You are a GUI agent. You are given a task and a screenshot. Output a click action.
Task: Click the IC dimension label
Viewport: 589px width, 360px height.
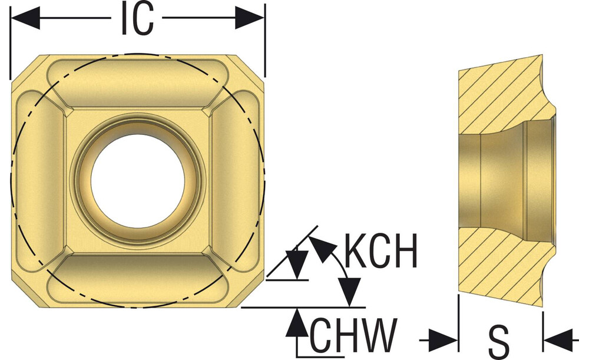click(137, 19)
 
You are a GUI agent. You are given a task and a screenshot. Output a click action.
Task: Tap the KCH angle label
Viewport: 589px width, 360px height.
click(380, 250)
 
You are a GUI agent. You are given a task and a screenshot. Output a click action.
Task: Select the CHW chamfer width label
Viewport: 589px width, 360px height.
click(353, 334)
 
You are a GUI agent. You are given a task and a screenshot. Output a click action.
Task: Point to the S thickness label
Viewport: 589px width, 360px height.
click(499, 341)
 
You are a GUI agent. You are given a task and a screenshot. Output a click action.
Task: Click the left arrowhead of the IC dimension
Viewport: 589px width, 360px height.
click(25, 18)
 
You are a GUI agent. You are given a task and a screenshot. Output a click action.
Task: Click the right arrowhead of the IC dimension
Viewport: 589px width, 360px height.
click(250, 18)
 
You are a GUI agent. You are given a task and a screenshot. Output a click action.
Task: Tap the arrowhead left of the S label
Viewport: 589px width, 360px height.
click(444, 341)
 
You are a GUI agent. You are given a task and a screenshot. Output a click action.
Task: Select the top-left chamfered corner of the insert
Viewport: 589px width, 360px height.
click(25, 68)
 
